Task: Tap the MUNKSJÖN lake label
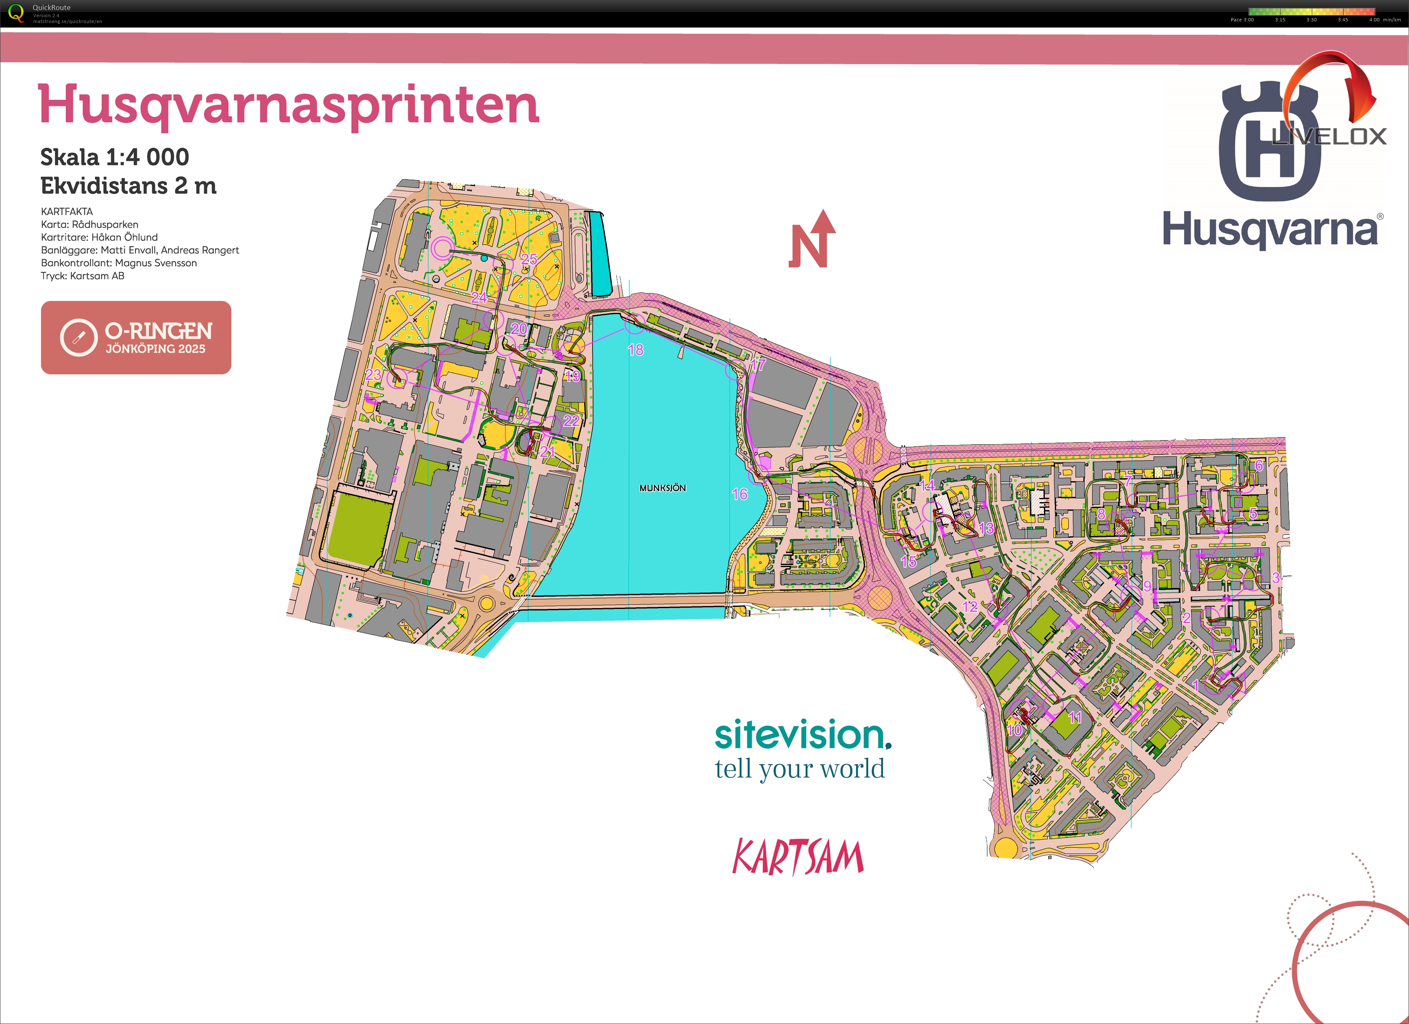click(x=662, y=488)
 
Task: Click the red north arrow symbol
click(x=812, y=240)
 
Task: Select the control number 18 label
click(x=635, y=350)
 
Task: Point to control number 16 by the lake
click(x=739, y=494)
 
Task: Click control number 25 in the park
click(x=528, y=259)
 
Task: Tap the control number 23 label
click(x=373, y=374)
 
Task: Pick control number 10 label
click(x=1014, y=730)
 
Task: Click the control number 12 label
click(x=969, y=607)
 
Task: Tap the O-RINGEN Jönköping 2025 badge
click(x=136, y=337)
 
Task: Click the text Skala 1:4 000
click(x=114, y=157)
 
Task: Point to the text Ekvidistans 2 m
click(x=128, y=186)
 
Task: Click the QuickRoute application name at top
click(x=52, y=8)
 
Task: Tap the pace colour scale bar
click(x=1311, y=11)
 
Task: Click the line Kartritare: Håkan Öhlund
click(x=99, y=237)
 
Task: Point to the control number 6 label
click(x=1259, y=466)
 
